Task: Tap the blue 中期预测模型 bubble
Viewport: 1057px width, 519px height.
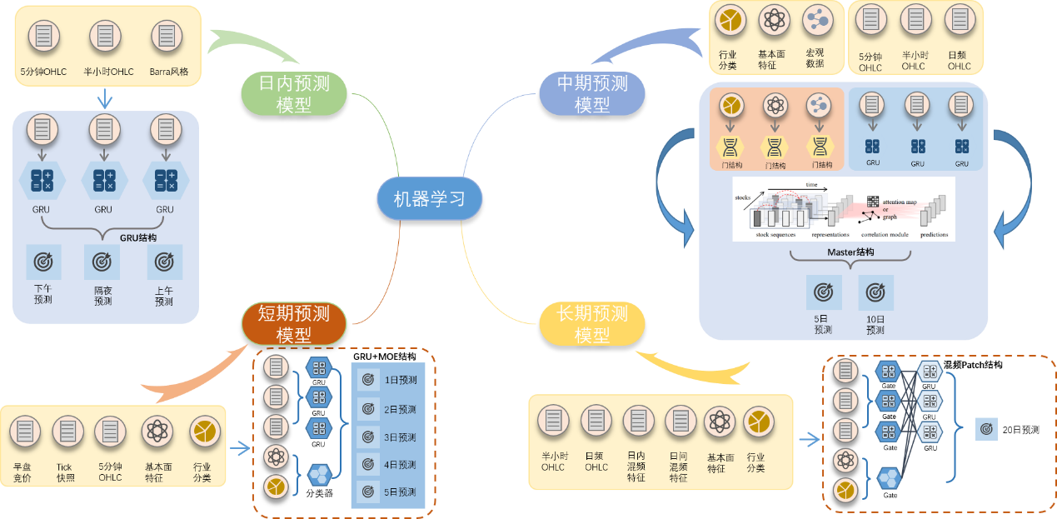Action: click(x=591, y=93)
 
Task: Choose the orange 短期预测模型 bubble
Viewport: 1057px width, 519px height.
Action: click(x=292, y=323)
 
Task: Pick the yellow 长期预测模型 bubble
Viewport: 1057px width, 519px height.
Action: click(x=591, y=323)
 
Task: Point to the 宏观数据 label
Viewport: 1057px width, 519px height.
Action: click(x=814, y=57)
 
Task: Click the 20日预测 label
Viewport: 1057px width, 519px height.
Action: click(x=1020, y=430)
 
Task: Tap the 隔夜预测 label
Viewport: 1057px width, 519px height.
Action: click(x=102, y=296)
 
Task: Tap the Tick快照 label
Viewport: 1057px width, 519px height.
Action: click(x=66, y=472)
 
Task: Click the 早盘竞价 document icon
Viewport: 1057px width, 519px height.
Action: click(x=24, y=431)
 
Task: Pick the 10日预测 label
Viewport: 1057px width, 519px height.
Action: click(x=875, y=325)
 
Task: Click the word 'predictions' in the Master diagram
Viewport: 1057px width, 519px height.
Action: click(x=934, y=235)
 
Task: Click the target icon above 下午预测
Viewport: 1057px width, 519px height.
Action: click(x=42, y=262)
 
